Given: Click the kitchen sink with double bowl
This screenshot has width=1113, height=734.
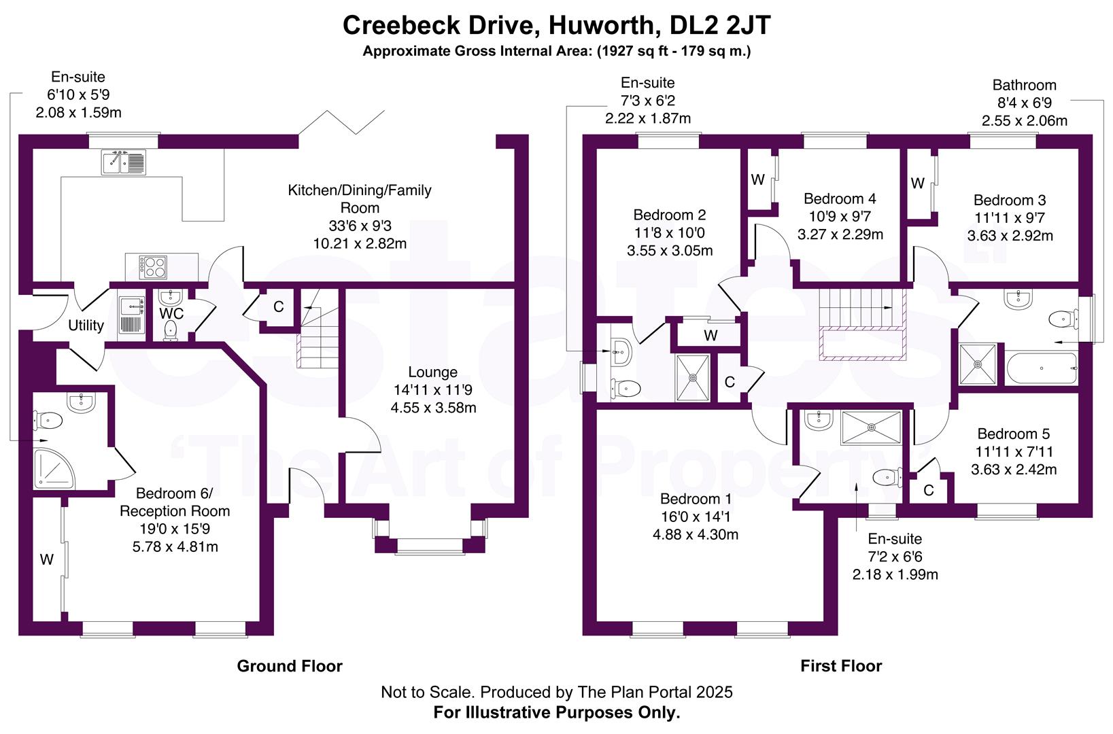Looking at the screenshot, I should point(124,162).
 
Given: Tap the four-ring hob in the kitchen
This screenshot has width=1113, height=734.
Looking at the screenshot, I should point(153,266).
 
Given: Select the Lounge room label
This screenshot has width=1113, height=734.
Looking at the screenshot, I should point(432,372).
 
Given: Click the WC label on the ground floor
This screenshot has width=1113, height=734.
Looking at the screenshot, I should point(171,314).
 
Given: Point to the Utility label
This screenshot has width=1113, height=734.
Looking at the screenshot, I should point(86,326).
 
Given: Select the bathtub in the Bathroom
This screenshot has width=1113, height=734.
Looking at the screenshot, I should point(1041,368).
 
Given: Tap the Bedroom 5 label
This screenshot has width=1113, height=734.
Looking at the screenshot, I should point(1013,434).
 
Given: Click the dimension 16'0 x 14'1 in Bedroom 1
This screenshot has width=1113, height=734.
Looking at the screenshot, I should point(696,517).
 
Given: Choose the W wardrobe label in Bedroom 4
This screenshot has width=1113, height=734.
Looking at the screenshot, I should point(758,180).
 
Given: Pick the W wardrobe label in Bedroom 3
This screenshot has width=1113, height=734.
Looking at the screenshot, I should point(918,183).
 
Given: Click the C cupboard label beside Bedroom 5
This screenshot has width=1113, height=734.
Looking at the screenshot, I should point(929,490).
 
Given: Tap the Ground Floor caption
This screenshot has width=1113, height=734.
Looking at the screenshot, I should point(290,666).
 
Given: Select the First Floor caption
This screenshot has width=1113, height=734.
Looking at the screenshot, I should point(841,666).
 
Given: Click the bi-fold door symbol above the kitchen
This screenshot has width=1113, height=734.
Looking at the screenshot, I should point(341,122).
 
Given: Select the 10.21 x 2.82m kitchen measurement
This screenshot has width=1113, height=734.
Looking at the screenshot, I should point(360,243).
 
